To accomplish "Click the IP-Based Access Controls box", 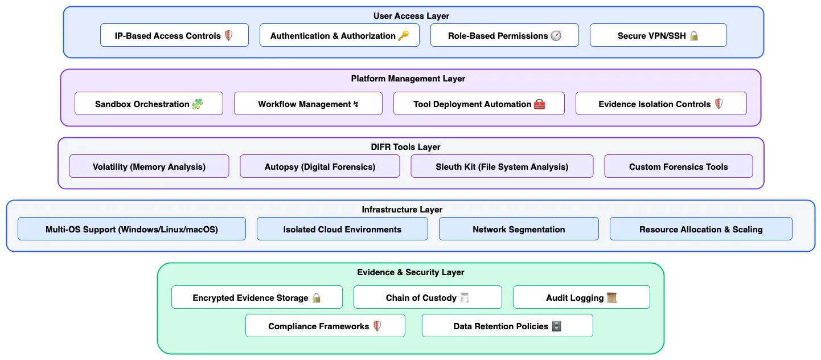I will click(174, 35).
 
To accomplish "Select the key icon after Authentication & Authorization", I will click(403, 35).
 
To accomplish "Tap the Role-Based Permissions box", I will click(504, 35).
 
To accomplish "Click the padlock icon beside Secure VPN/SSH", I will click(693, 36).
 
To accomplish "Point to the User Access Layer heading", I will click(411, 16).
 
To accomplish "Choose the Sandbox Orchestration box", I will click(149, 104).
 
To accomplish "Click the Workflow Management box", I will click(308, 104).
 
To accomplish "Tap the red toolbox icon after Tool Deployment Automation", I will click(539, 104).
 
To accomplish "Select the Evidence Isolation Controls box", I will click(661, 104).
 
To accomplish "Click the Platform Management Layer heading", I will click(408, 79).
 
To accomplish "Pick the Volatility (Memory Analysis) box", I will click(149, 166).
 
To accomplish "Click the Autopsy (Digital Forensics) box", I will click(319, 166).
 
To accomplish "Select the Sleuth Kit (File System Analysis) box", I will click(502, 166).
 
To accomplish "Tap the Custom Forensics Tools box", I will click(678, 166).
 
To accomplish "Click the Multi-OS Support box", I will click(132, 229).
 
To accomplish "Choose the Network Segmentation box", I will click(519, 229).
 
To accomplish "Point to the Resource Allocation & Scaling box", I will click(701, 229).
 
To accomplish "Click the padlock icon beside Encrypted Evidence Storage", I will click(317, 298).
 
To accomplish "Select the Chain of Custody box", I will click(428, 297).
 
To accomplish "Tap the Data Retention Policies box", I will click(507, 326).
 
